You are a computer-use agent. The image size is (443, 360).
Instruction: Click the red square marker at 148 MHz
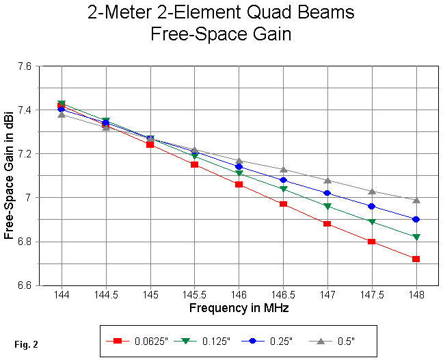click(x=416, y=259)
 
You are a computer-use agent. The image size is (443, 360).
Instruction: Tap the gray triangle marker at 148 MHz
click(x=416, y=200)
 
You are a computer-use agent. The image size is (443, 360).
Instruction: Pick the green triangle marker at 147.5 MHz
click(x=371, y=222)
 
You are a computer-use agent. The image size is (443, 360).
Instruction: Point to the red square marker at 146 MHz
click(x=239, y=184)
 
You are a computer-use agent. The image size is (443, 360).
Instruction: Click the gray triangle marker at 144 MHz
click(x=62, y=114)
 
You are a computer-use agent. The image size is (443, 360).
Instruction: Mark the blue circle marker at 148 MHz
click(x=416, y=219)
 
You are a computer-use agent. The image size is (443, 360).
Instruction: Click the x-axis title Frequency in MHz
click(x=239, y=309)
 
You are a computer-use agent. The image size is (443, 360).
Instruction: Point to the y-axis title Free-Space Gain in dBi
click(x=9, y=176)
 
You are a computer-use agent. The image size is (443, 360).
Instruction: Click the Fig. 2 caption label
click(x=26, y=344)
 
